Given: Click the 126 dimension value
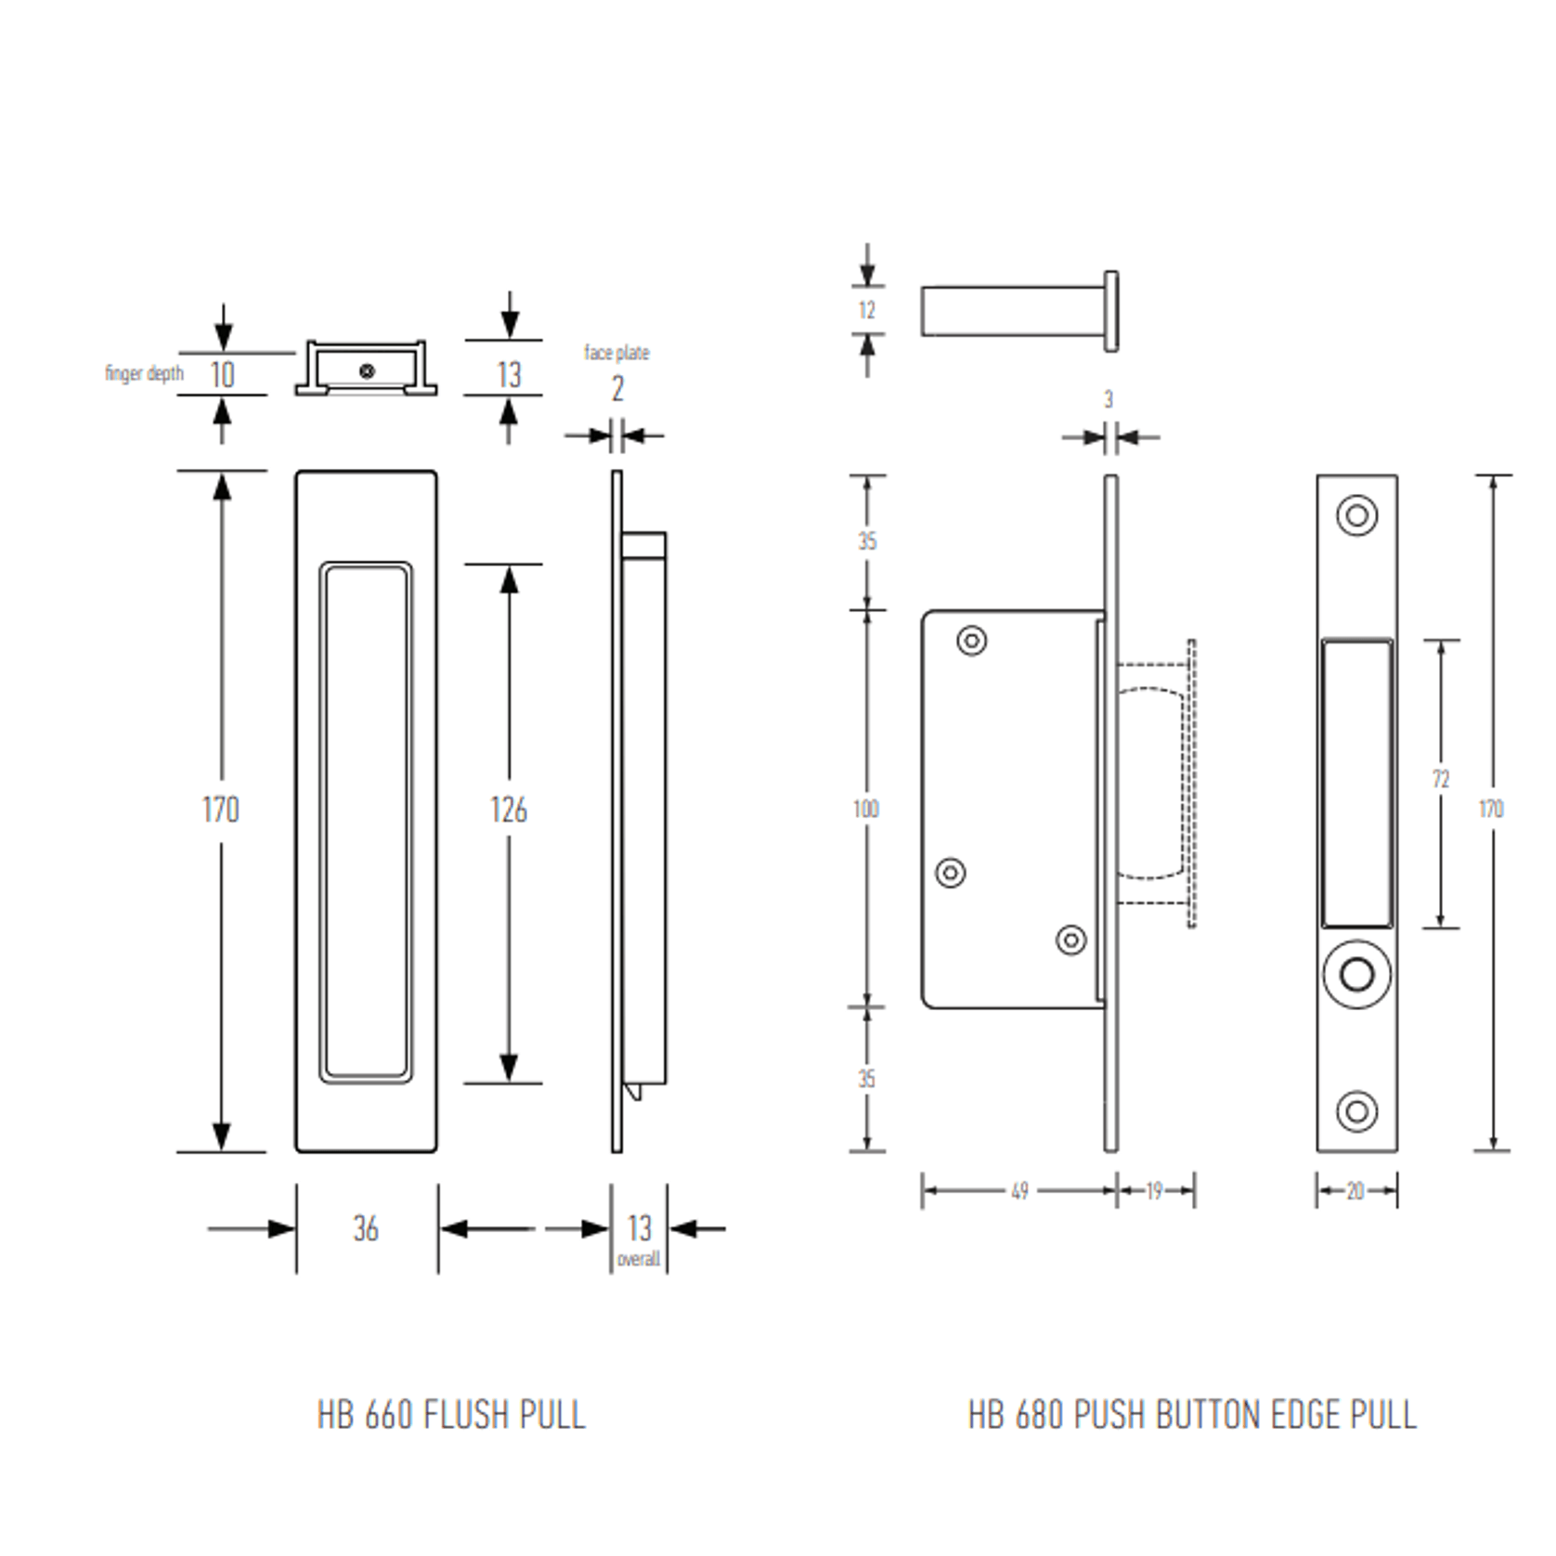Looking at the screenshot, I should pyautogui.click(x=508, y=810).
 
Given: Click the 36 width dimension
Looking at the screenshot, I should pyautogui.click(x=366, y=1228).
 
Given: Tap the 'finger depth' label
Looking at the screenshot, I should pyautogui.click(x=144, y=373).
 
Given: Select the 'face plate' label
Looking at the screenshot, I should pyautogui.click(x=616, y=353).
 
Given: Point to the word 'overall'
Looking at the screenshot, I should pyautogui.click(x=638, y=1260).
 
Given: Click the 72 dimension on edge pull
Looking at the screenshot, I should pyautogui.click(x=1440, y=779).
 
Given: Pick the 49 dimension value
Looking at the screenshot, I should pyautogui.click(x=1019, y=1191).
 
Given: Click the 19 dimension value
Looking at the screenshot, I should pyautogui.click(x=1154, y=1191).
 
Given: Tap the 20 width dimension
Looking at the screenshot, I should pyautogui.click(x=1355, y=1191).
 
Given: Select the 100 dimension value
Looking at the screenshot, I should pyautogui.click(x=865, y=809).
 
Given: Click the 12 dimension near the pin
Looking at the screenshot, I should pyautogui.click(x=866, y=310).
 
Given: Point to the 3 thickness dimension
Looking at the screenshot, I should pyautogui.click(x=1108, y=399).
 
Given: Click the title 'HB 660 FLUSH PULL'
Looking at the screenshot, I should pyautogui.click(x=451, y=1415).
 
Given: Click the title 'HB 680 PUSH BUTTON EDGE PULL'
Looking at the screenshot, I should pyautogui.click(x=1192, y=1415).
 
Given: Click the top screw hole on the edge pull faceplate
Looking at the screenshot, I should pyautogui.click(x=1356, y=515).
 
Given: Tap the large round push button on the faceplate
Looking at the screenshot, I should pyautogui.click(x=1356, y=975).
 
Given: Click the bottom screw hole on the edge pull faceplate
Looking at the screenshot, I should pyautogui.click(x=1356, y=1110).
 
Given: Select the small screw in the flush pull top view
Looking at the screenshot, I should pyautogui.click(x=367, y=371).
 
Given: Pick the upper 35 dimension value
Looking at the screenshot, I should pyautogui.click(x=866, y=540).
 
